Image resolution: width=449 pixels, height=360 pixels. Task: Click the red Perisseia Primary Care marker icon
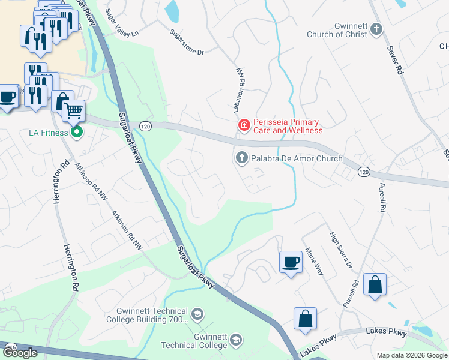[244, 125]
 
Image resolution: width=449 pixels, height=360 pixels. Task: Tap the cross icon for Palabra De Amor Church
[241, 158]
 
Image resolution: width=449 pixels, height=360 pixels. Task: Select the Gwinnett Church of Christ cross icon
[376, 29]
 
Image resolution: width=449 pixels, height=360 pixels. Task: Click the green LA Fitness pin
[76, 132]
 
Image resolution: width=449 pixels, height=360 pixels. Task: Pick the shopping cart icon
[73, 110]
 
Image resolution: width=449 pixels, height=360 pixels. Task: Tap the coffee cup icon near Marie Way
[291, 262]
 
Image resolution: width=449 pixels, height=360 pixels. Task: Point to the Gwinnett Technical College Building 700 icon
[196, 314]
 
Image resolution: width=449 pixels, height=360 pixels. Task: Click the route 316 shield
[11, 347]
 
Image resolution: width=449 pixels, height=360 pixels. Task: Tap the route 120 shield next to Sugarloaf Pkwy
[145, 127]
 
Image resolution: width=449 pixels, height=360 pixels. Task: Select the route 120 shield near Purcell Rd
[363, 172]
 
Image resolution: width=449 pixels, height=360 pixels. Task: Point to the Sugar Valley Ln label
[122, 22]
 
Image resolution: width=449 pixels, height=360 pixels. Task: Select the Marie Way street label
[314, 261]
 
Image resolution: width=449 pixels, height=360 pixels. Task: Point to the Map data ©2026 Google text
[411, 355]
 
